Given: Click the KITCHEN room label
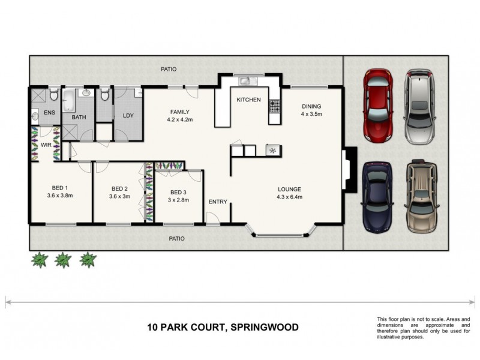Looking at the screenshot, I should (x=248, y=100).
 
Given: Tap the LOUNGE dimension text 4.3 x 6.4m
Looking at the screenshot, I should (x=289, y=196).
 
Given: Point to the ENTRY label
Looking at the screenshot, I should (x=218, y=202).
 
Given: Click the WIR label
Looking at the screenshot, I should (x=45, y=145).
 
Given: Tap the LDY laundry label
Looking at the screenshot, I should (x=128, y=116).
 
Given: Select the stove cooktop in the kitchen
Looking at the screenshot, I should (x=275, y=106).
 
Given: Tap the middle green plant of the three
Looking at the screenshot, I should (x=63, y=260).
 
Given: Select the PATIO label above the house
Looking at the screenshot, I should (x=169, y=69).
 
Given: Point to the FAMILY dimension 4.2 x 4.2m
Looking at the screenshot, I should (x=179, y=119).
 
